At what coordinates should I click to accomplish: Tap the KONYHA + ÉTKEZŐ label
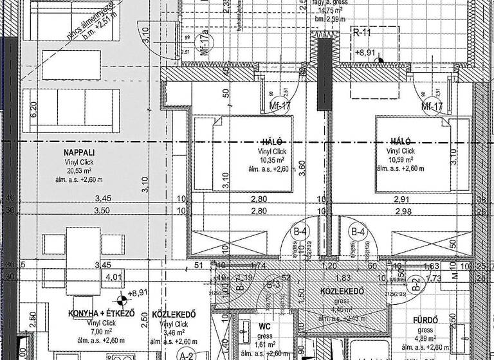point(102,314)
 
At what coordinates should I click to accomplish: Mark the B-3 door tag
point(273,283)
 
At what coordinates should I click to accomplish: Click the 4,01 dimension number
point(113,278)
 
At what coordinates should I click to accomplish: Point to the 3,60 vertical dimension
point(301,167)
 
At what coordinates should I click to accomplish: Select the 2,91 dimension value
point(401,201)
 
